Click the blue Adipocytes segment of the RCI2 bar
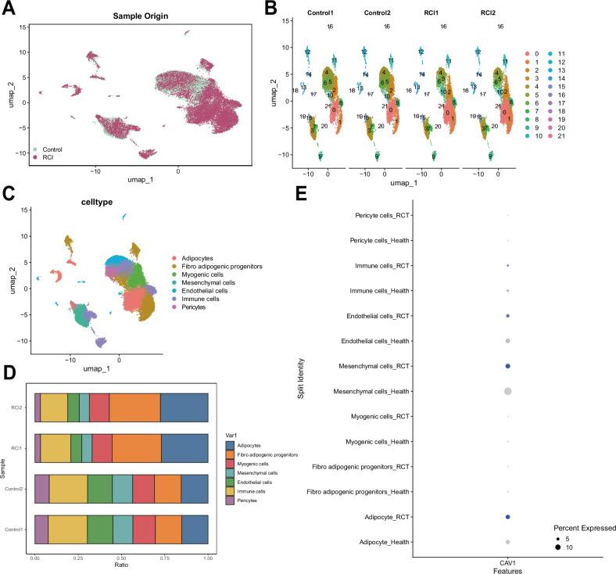(x=184, y=408)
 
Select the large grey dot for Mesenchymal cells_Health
(x=507, y=390)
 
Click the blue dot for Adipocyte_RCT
(x=507, y=517)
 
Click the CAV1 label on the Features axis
(x=507, y=560)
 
